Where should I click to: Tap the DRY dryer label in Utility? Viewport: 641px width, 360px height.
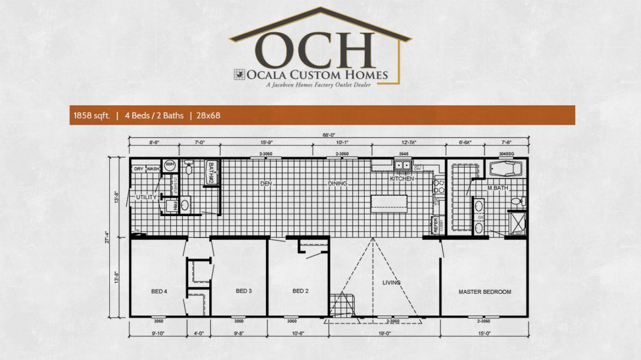(138, 169)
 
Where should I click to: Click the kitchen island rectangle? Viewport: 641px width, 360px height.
(389, 204)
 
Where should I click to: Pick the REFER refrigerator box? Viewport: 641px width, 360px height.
(434, 226)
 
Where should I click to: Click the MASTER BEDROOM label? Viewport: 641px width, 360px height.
(484, 292)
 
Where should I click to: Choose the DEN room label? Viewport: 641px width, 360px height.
(266, 183)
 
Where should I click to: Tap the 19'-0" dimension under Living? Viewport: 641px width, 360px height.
(384, 333)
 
